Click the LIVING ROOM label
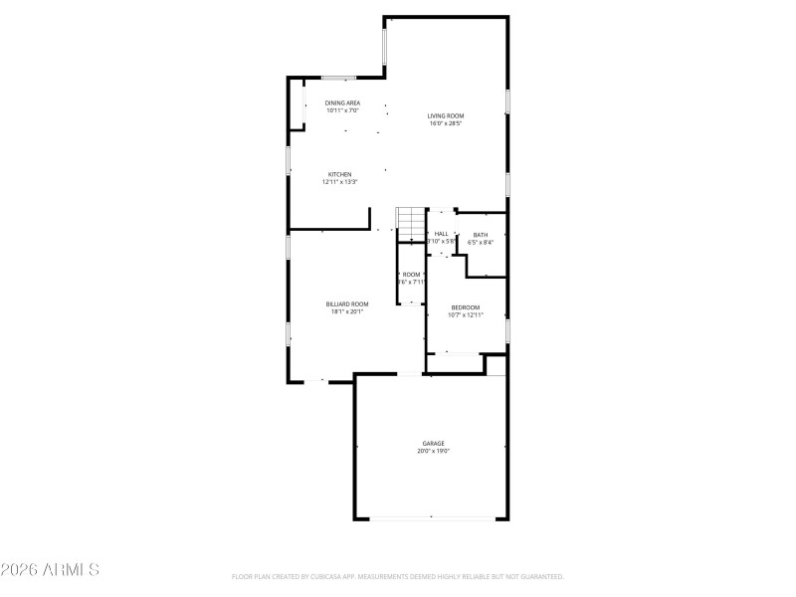tap(446, 115)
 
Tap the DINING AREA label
tap(342, 102)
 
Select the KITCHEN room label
tap(340, 174)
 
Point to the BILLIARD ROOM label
tap(347, 303)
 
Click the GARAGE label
tap(433, 443)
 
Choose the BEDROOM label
tap(466, 307)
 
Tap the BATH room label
tap(481, 234)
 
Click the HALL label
tap(441, 234)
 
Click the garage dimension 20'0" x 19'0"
tap(433, 451)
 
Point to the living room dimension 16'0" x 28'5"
tap(446, 123)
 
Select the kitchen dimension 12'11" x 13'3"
tap(340, 182)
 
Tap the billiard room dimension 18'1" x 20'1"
tap(347, 311)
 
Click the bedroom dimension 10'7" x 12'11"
tap(466, 315)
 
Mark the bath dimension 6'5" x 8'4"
tap(481, 242)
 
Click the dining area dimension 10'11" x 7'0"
tap(342, 110)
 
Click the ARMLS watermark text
tap(50, 570)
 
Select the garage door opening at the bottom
tap(432, 518)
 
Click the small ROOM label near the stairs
tap(411, 274)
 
